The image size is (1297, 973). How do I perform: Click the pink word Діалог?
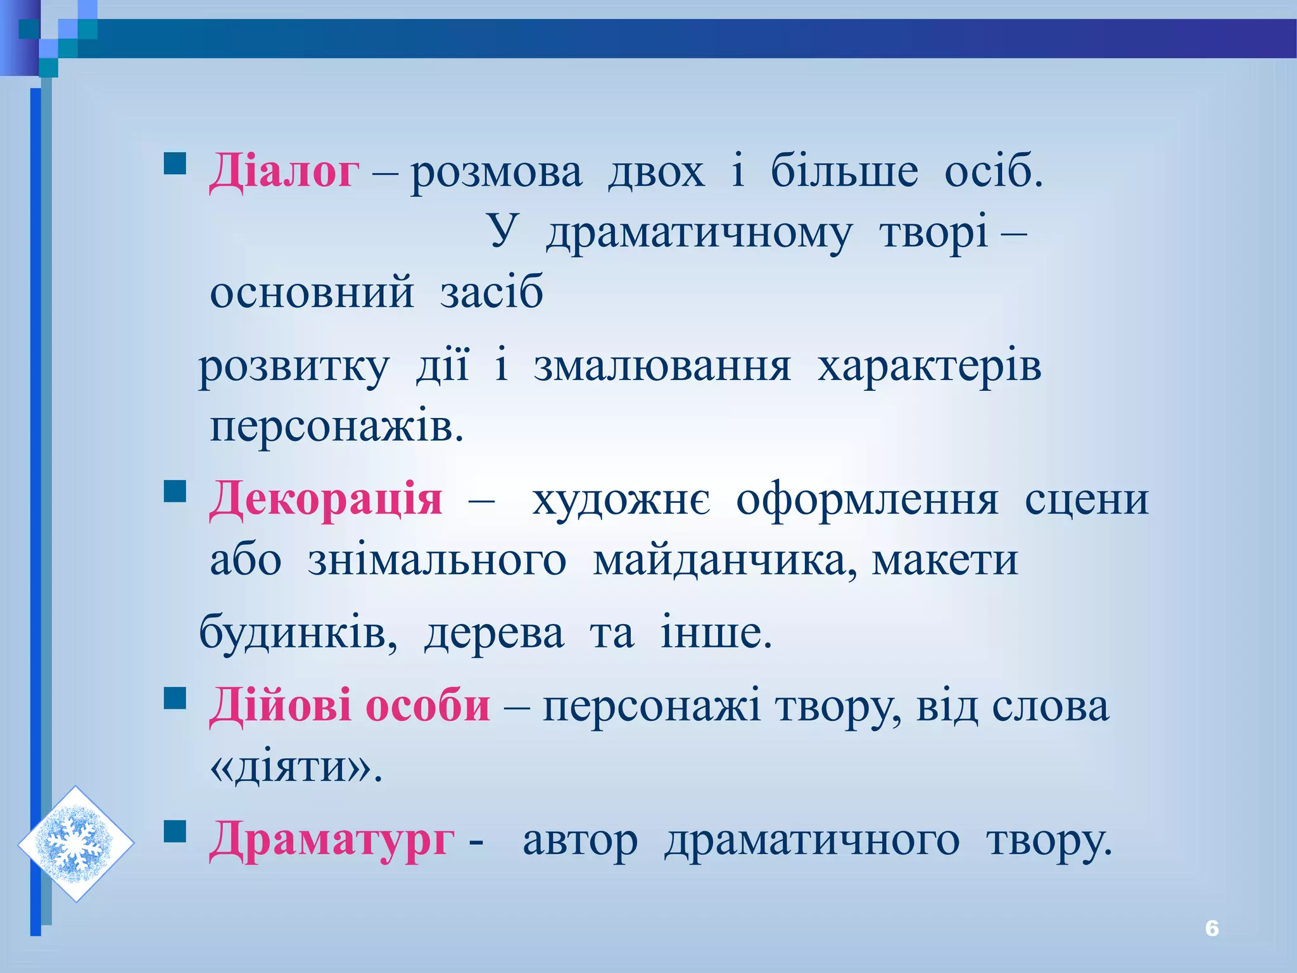tap(284, 171)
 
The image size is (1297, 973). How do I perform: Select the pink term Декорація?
tap(326, 499)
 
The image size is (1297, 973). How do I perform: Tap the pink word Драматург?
tap(332, 841)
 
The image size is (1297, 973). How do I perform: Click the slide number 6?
tap(1212, 928)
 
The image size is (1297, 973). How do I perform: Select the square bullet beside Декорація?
tap(175, 491)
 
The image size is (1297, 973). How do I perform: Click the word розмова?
tap(497, 172)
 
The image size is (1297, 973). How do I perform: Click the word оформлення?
tap(867, 500)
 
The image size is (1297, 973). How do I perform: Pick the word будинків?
tap(298, 632)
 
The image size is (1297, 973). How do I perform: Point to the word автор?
tap(580, 842)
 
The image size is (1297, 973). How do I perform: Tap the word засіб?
tap(491, 293)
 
